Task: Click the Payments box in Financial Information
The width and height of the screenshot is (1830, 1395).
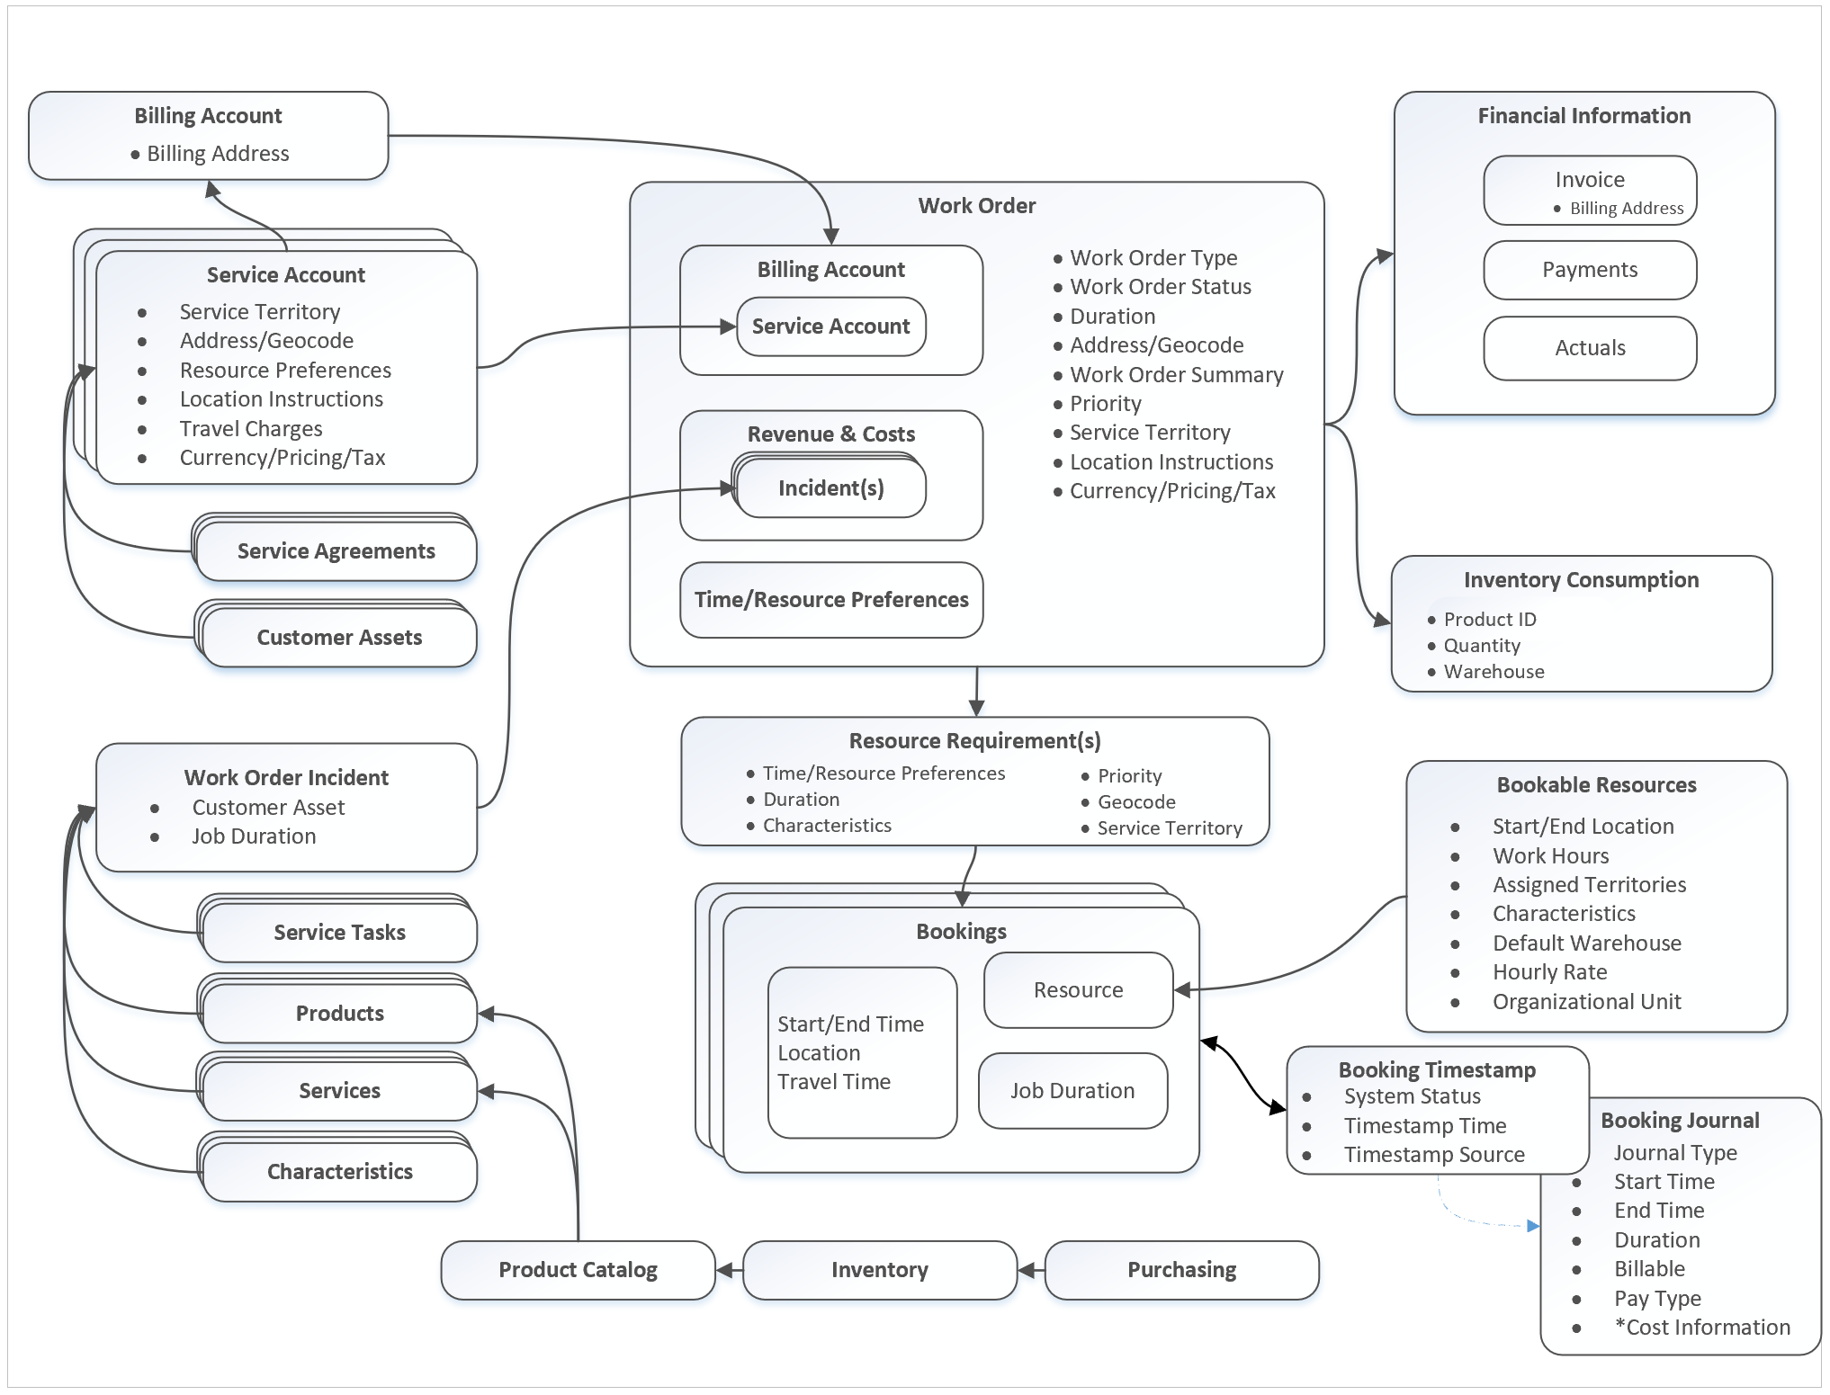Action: [x=1589, y=270]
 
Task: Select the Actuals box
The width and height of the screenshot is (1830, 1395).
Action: [x=1589, y=348]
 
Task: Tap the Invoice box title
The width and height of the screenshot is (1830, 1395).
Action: [x=1589, y=180]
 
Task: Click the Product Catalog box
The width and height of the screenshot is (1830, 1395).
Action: [x=578, y=1270]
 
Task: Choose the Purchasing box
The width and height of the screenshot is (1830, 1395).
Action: [x=1181, y=1270]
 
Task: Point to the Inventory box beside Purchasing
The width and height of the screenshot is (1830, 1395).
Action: [x=879, y=1270]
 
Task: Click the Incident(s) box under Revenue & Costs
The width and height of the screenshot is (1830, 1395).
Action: [x=830, y=488]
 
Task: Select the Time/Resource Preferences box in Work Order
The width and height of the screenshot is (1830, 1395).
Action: [x=830, y=600]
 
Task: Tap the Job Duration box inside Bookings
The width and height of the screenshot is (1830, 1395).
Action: [x=1072, y=1091]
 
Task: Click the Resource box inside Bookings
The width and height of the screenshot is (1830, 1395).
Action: [x=1078, y=990]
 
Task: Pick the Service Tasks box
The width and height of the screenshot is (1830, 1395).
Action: [x=339, y=933]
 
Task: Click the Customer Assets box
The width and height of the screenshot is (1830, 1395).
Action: [x=339, y=638]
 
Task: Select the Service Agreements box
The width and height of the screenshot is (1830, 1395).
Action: [x=336, y=551]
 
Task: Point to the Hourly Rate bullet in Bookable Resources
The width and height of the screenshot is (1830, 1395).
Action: [x=1549, y=972]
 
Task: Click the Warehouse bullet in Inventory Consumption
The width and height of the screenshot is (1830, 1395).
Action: [x=1494, y=672]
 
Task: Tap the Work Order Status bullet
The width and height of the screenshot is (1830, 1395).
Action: [x=1160, y=287]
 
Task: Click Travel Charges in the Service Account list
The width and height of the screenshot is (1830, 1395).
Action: [x=250, y=429]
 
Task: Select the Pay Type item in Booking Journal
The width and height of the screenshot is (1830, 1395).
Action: [x=1657, y=1299]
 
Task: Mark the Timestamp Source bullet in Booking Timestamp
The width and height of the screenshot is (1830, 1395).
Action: [x=1433, y=1155]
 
